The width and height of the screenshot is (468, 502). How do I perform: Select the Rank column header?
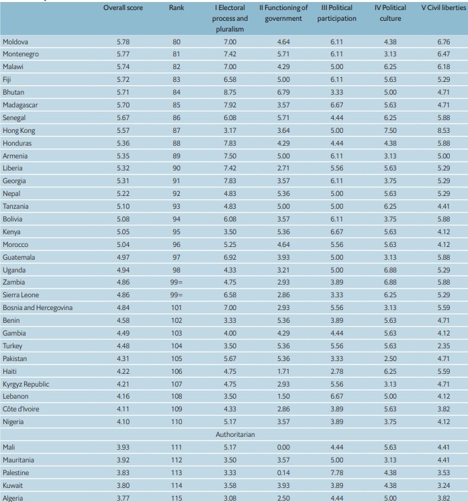click(x=177, y=8)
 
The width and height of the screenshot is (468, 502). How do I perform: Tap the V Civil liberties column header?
click(x=442, y=8)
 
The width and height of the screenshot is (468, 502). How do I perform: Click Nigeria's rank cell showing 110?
click(x=177, y=423)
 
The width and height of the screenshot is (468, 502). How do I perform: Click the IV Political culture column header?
click(x=390, y=13)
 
